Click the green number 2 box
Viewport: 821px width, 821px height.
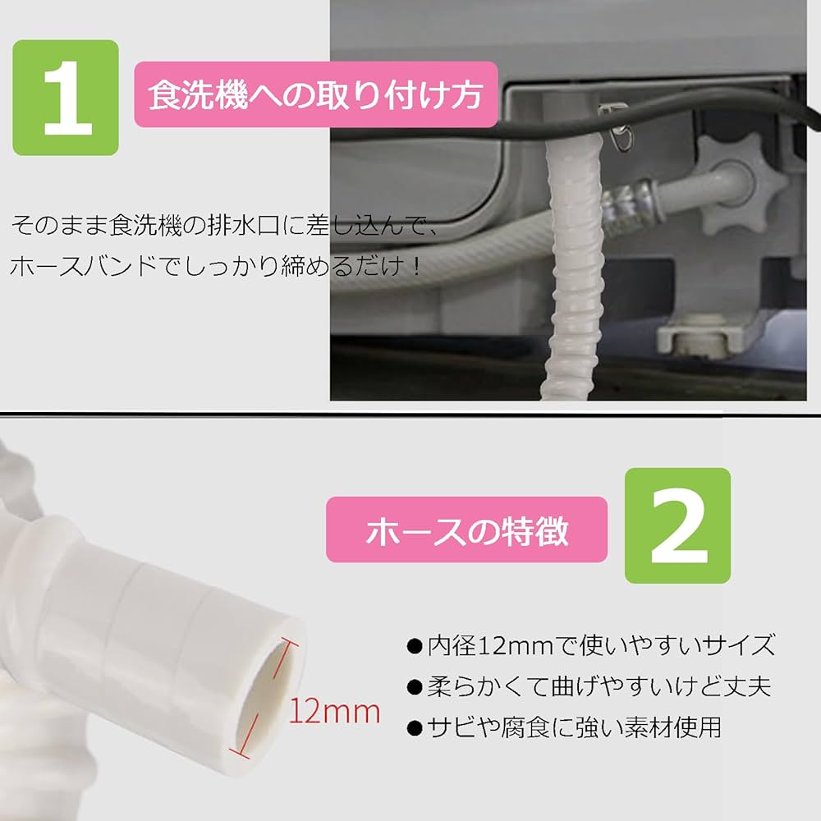point(677,526)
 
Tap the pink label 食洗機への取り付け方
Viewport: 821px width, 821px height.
point(315,94)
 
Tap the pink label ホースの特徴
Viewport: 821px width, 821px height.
point(466,530)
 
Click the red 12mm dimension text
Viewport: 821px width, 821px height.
point(334,710)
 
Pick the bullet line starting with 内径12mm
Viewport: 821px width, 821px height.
point(591,645)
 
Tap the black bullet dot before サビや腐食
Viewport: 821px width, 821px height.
point(415,727)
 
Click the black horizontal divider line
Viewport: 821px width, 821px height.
point(410,412)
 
